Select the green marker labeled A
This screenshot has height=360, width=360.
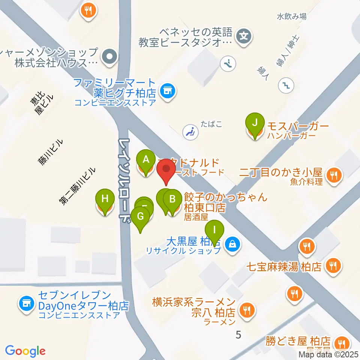click(146, 160)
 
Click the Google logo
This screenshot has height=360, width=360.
click(25, 351)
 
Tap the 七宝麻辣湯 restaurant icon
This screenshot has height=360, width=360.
click(332, 267)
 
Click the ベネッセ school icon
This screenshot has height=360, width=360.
click(244, 36)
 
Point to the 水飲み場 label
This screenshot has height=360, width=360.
click(291, 16)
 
